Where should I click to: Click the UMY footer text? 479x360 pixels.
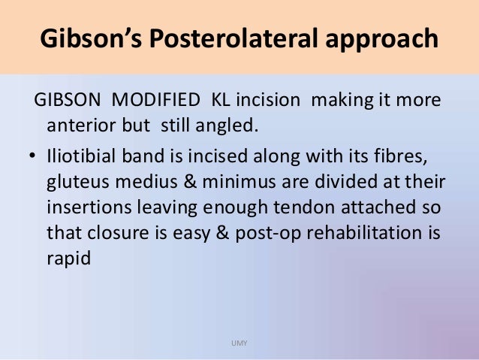coord(239,343)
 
